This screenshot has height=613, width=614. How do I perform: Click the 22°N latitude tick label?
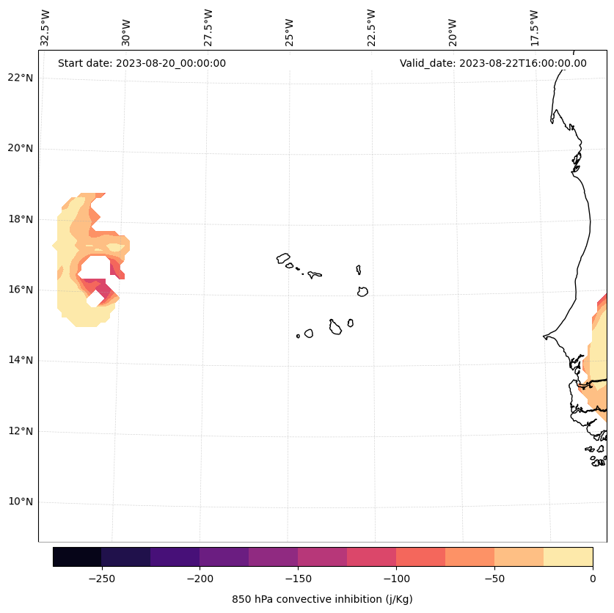(x=21, y=78)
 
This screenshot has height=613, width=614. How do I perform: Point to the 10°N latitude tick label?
(x=21, y=502)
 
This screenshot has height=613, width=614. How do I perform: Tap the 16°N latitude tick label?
(x=21, y=290)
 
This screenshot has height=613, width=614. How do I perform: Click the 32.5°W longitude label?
(x=45, y=28)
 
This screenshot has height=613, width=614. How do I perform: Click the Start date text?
(x=142, y=63)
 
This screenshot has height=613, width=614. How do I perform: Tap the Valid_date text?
(x=493, y=63)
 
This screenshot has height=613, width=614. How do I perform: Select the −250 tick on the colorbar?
(x=101, y=579)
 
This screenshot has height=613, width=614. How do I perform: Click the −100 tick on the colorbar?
(x=396, y=579)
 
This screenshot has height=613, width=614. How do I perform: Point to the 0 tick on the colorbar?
(x=592, y=579)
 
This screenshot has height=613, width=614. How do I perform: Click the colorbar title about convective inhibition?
(x=322, y=599)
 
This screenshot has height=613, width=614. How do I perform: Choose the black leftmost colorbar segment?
(x=77, y=557)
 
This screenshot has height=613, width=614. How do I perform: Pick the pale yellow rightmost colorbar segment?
(x=568, y=557)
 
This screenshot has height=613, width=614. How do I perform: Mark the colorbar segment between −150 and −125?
(x=322, y=557)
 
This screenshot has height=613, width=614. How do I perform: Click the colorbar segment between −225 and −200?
(x=175, y=557)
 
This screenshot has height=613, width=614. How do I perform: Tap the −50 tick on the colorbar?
(x=494, y=579)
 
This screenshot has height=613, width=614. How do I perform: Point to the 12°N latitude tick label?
(x=21, y=431)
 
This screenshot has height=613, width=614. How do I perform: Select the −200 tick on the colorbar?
(x=200, y=579)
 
